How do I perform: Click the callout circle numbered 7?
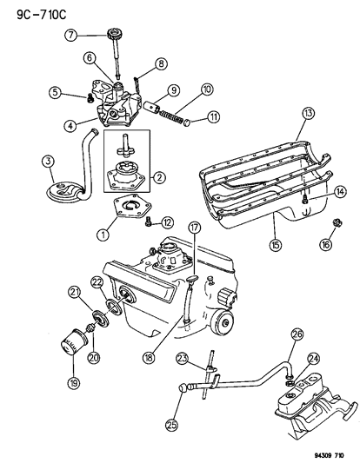click(72, 35)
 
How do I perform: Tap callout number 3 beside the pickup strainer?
click(48, 161)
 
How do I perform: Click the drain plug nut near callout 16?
click(331, 228)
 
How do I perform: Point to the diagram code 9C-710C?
click(30, 12)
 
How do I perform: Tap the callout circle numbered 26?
click(297, 336)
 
